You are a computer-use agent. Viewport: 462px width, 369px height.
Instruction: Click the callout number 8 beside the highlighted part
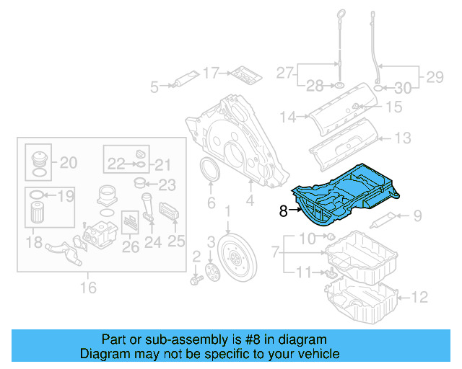coord(284,211)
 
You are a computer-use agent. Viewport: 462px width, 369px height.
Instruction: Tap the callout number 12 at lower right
coord(421,296)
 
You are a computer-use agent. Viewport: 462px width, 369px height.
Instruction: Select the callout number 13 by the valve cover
coord(403,137)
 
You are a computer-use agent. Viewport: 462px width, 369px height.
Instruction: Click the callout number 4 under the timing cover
coord(249,204)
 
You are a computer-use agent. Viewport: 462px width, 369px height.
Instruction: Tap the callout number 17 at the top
coord(210,72)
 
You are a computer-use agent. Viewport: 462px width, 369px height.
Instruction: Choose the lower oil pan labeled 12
coord(361,301)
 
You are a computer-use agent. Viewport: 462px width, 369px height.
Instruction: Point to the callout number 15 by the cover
coord(393,107)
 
